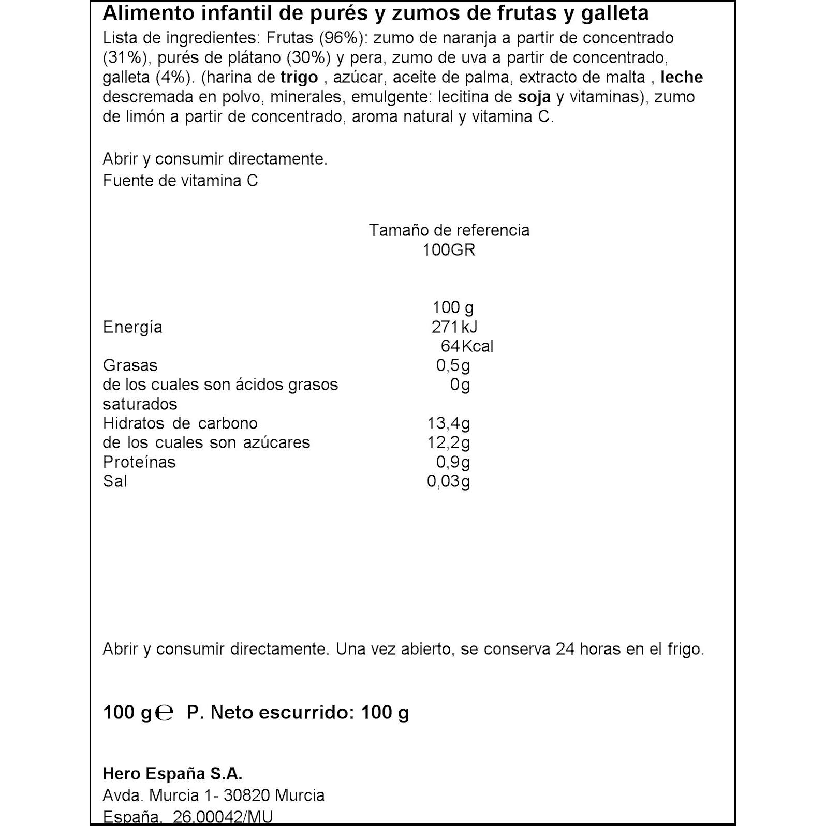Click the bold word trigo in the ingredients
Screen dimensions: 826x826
[x=299, y=78]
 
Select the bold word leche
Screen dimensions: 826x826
[x=682, y=78]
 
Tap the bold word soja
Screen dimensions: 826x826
[x=534, y=97]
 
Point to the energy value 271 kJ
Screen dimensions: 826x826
[x=454, y=327]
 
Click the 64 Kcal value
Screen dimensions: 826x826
[x=466, y=346]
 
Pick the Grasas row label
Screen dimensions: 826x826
[x=130, y=365]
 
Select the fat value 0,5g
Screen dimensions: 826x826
[x=453, y=365]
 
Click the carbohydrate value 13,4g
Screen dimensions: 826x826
[x=448, y=423]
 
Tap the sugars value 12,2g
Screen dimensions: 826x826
[x=448, y=443]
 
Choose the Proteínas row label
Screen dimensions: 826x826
[x=139, y=462]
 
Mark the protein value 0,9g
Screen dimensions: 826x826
[x=453, y=462]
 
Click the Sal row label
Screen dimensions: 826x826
[x=115, y=481]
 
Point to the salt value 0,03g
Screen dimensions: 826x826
[x=448, y=481]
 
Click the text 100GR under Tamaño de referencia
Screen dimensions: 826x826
[x=448, y=250]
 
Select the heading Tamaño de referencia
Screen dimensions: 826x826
[x=449, y=230]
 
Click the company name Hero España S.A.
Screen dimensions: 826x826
[x=172, y=774]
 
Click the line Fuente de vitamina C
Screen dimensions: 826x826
[x=180, y=181]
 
